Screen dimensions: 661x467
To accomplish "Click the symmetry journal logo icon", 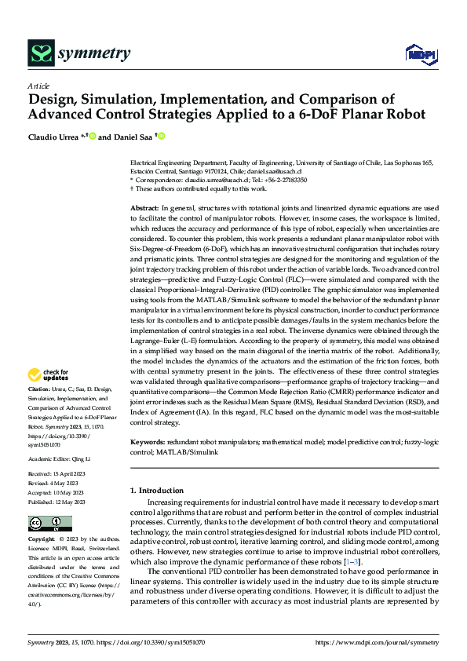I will click(x=40, y=53).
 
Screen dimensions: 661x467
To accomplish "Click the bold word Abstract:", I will click(x=144, y=206).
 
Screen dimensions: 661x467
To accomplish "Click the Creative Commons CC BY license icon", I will click(x=49, y=524).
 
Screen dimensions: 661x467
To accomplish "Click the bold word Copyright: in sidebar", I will click(x=41, y=540).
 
